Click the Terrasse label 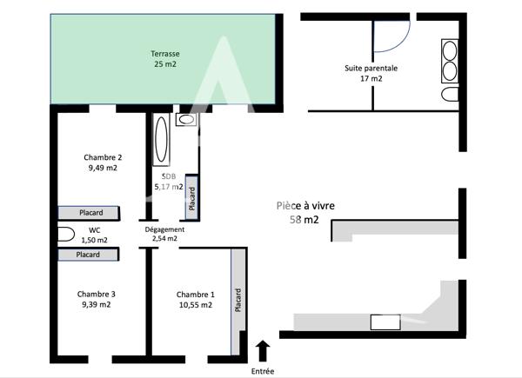pos(164,53)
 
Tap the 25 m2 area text pos(164,64)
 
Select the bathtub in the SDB pos(161,140)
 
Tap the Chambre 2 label pos(102,157)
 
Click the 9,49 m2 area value pos(102,169)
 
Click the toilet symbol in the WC pos(66,233)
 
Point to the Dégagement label pos(164,229)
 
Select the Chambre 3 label pos(96,294)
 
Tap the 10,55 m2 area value pos(193,305)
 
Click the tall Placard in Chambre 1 pos(237,301)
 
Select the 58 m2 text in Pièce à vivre pos(304,220)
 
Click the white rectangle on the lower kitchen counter pos(385,322)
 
